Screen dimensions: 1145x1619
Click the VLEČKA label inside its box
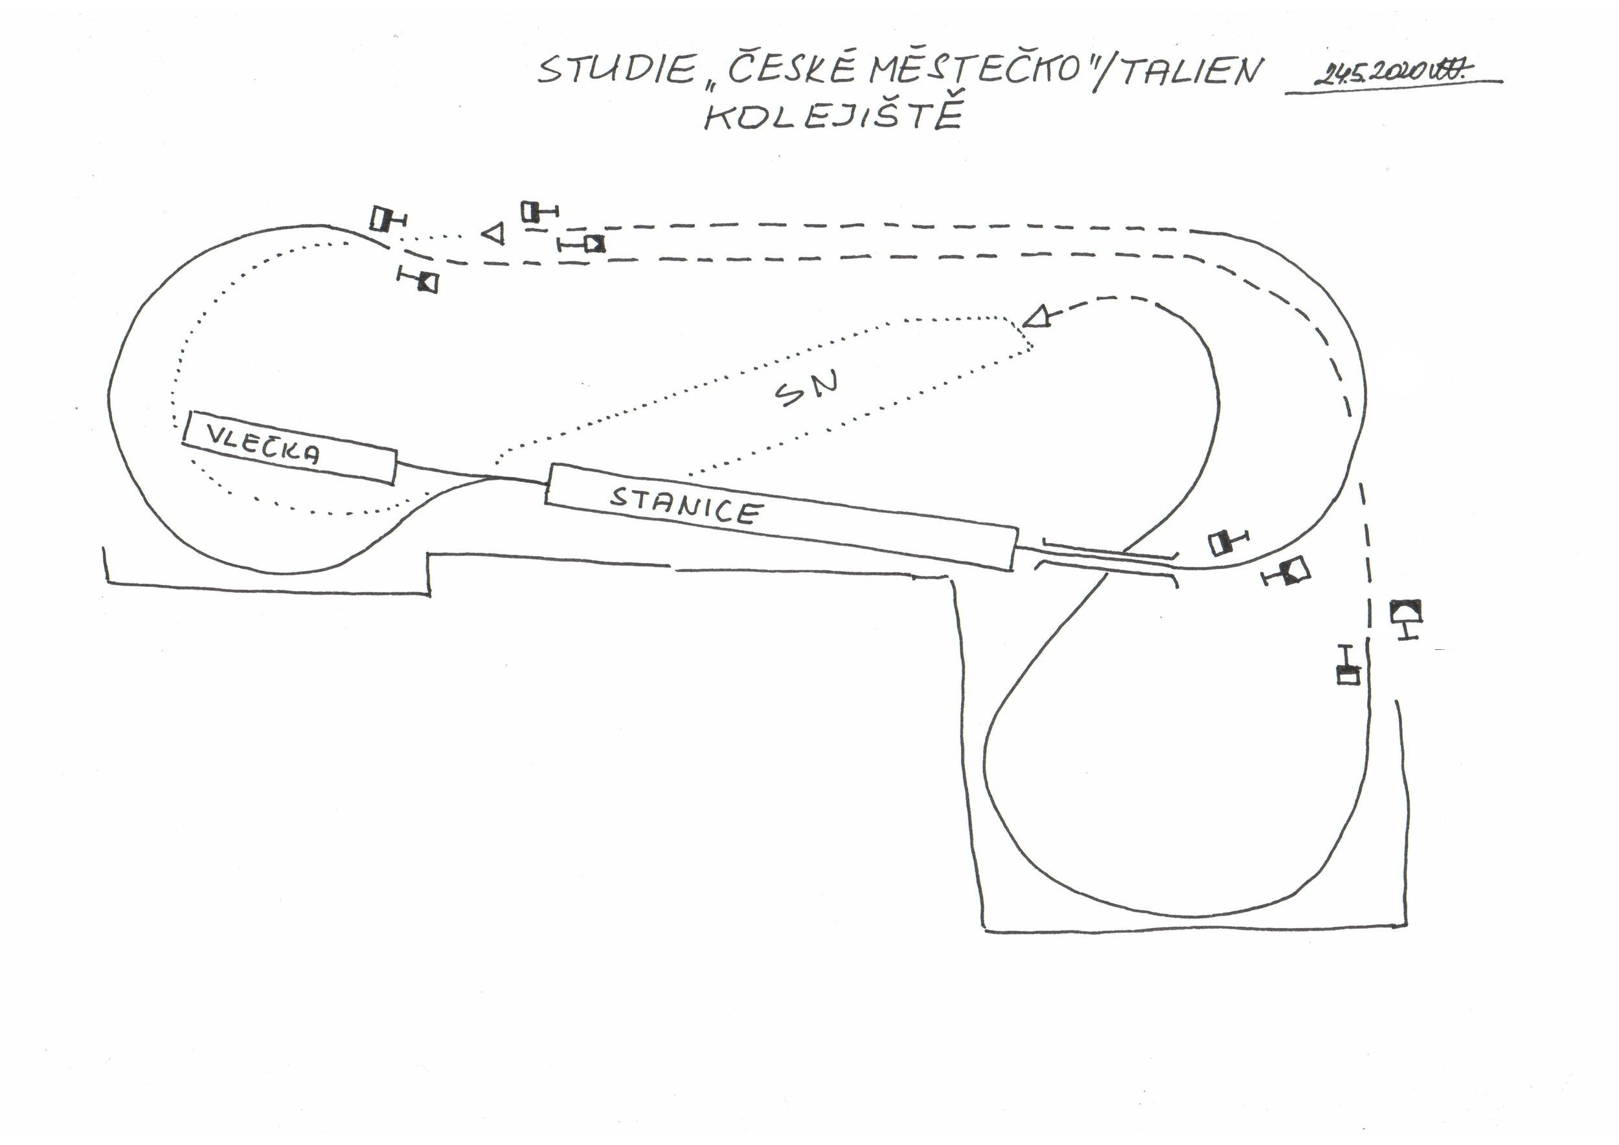coord(263,445)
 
